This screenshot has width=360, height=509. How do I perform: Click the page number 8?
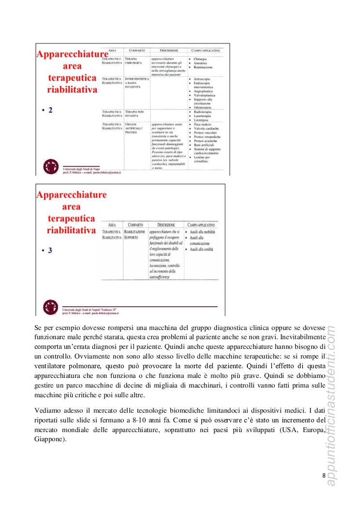pos(323,476)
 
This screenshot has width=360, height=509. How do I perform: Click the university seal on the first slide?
pos(50,167)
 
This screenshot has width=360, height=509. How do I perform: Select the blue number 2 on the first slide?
pos(50,110)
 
